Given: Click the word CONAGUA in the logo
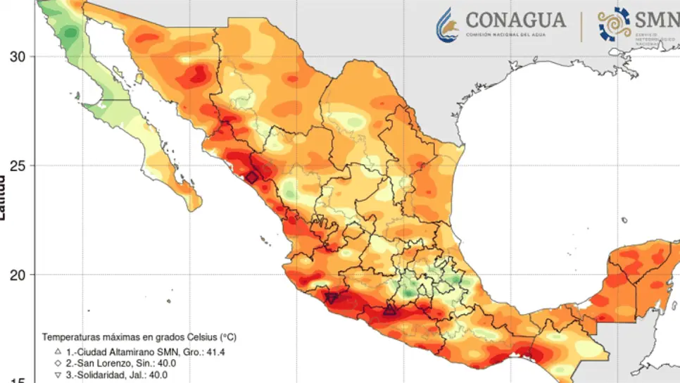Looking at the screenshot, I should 515,20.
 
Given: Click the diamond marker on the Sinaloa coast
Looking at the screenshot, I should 252,177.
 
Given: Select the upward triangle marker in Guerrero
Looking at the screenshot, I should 389,310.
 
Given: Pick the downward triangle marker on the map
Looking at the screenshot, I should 331,299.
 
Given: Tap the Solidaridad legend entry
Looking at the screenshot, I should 117,375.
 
